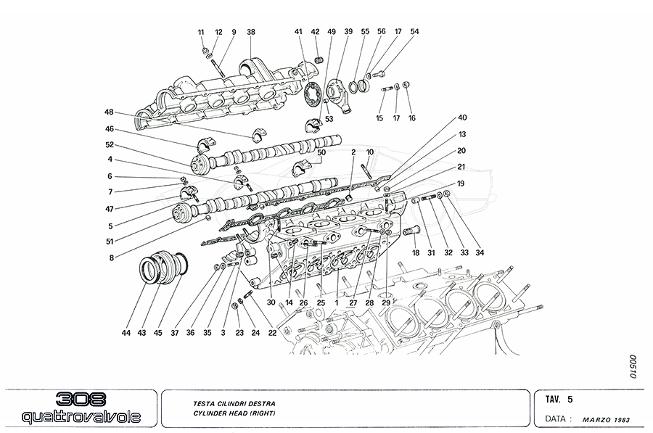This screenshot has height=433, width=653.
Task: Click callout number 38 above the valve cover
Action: pyautogui.click(x=251, y=32)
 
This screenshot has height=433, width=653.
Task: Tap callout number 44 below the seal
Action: pyautogui.click(x=126, y=333)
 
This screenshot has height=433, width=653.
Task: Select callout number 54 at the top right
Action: pyautogui.click(x=414, y=32)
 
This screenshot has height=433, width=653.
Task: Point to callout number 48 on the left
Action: pyautogui.click(x=110, y=112)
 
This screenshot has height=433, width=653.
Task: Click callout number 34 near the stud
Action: pyautogui.click(x=479, y=252)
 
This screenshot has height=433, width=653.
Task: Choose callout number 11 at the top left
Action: pyautogui.click(x=201, y=32)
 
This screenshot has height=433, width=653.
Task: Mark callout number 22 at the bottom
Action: pyautogui.click(x=273, y=333)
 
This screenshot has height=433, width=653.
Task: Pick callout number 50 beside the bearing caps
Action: pyautogui.click(x=321, y=153)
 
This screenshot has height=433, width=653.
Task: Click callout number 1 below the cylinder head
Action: pyautogui.click(x=337, y=302)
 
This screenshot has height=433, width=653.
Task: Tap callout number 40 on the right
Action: pyautogui.click(x=461, y=118)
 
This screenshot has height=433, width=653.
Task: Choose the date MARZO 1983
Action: pyautogui.click(x=609, y=419)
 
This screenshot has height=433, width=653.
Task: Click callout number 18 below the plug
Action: pyautogui.click(x=416, y=252)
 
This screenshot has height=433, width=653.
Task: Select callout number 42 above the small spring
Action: pyautogui.click(x=315, y=32)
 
